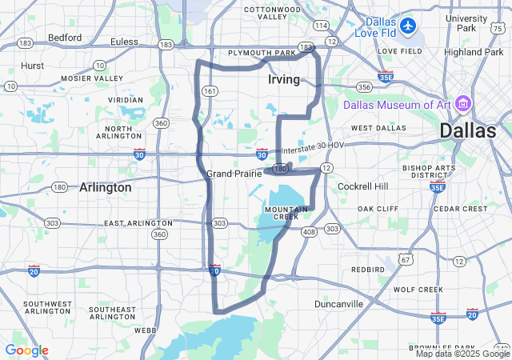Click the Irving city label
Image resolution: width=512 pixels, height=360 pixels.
tap(284, 80)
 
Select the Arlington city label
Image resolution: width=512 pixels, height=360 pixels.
tap(105, 187)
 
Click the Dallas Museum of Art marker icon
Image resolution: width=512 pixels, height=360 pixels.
tap(463, 104)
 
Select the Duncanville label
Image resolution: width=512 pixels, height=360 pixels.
tap(339, 304)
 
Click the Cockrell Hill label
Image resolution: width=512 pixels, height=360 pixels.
tap(362, 186)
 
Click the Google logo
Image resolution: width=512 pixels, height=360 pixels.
tap(26, 350)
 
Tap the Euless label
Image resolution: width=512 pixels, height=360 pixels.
tap(124, 41)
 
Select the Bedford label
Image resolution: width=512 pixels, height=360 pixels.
tap(65, 38)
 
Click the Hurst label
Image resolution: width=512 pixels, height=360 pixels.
tap(33, 66)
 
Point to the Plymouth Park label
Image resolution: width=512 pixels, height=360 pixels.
tap(262, 53)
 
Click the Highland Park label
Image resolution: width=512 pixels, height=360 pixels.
tap(473, 52)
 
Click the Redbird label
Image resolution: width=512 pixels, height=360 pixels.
tap(367, 270)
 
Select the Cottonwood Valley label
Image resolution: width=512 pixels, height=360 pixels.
tap(266, 12)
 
